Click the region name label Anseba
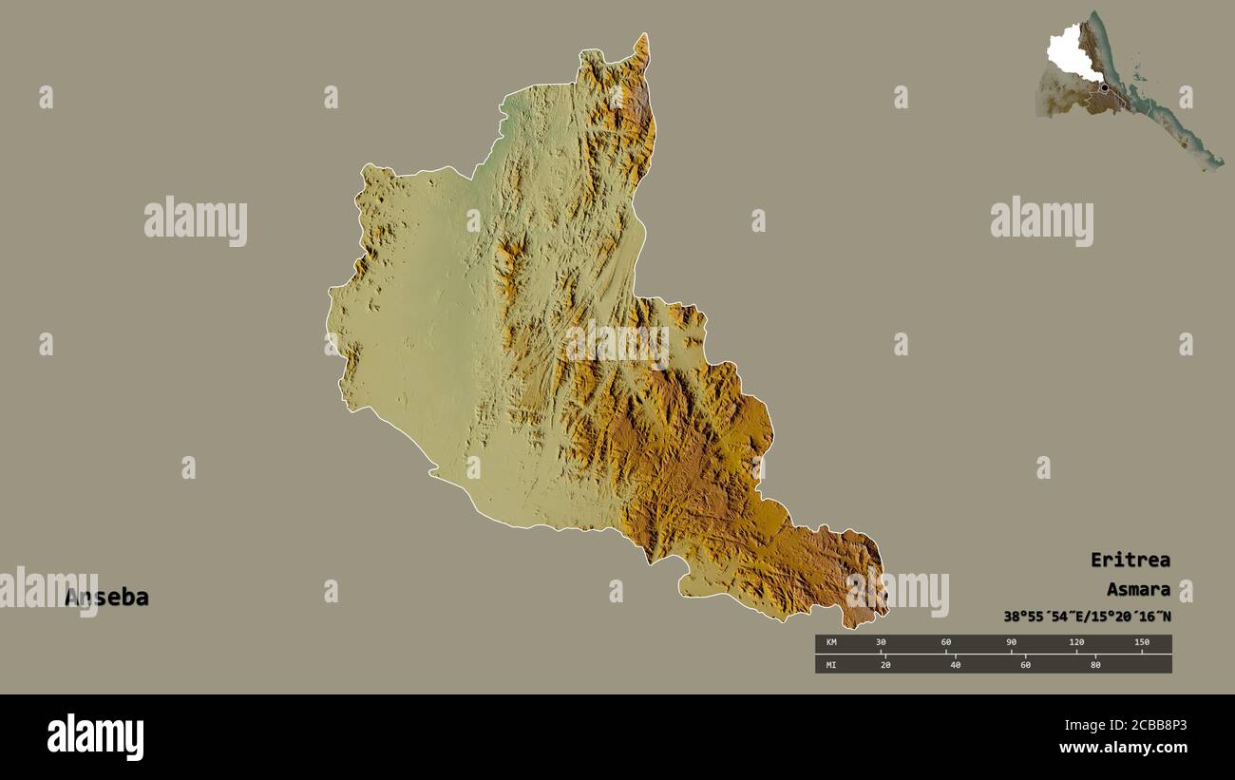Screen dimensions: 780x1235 (106, 598)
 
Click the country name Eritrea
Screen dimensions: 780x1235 (1130, 560)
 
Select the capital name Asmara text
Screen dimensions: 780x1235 (1137, 589)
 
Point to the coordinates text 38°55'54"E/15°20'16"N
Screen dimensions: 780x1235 (1087, 617)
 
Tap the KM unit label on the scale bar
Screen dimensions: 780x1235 (831, 643)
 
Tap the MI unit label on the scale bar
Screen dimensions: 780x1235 (831, 665)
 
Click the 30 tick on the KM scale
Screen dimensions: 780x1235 (881, 643)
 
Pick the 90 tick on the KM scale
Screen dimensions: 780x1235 (1011, 643)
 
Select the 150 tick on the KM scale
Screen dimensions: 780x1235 (1141, 643)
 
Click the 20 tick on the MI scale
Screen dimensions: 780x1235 (885, 665)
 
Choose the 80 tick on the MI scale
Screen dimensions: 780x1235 (1094, 665)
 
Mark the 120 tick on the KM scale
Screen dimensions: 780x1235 (1076, 643)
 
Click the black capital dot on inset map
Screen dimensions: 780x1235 (1104, 87)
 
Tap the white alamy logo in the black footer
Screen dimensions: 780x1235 (95, 737)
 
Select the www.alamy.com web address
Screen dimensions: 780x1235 (1123, 748)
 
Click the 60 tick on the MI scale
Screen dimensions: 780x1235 (1025, 665)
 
